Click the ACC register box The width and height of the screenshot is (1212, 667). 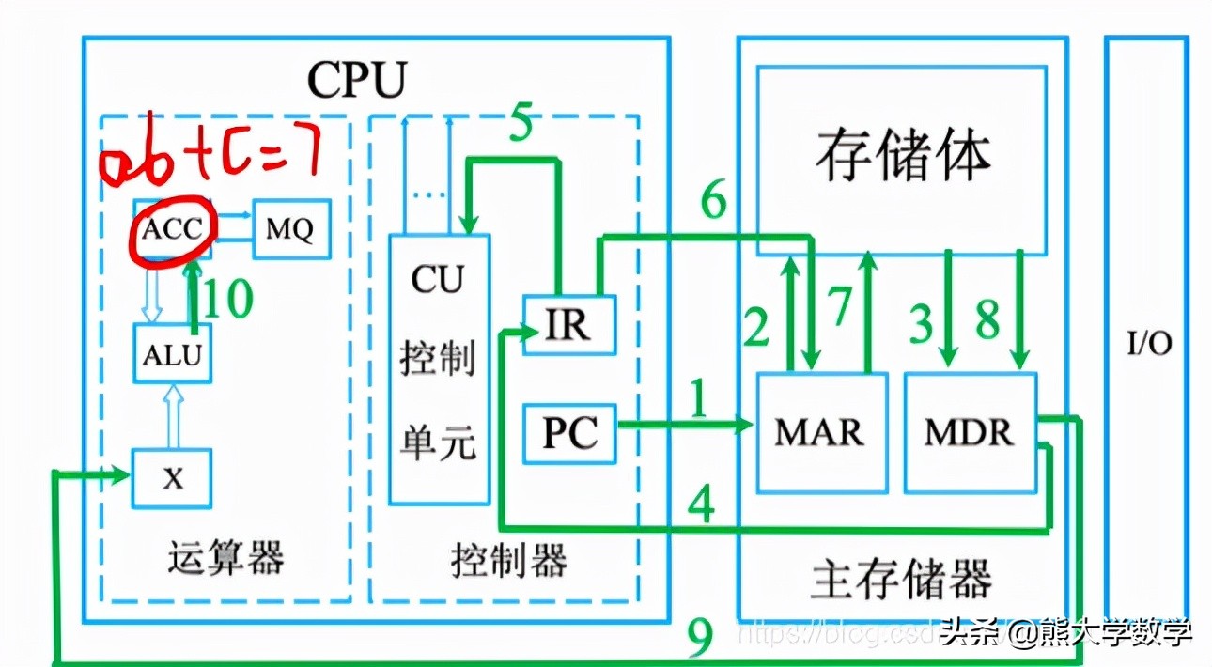tap(173, 228)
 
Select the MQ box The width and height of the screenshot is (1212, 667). tap(291, 228)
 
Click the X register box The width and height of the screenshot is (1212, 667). tap(171, 478)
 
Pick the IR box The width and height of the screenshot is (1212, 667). tap(568, 325)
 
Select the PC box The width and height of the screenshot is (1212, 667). tap(569, 433)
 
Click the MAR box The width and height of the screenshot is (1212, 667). tap(820, 432)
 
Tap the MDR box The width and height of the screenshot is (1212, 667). tap(970, 432)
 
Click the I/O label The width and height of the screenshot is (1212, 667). tap(1149, 344)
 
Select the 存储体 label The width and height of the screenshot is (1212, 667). tap(903, 155)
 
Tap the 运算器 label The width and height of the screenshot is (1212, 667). tap(225, 558)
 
